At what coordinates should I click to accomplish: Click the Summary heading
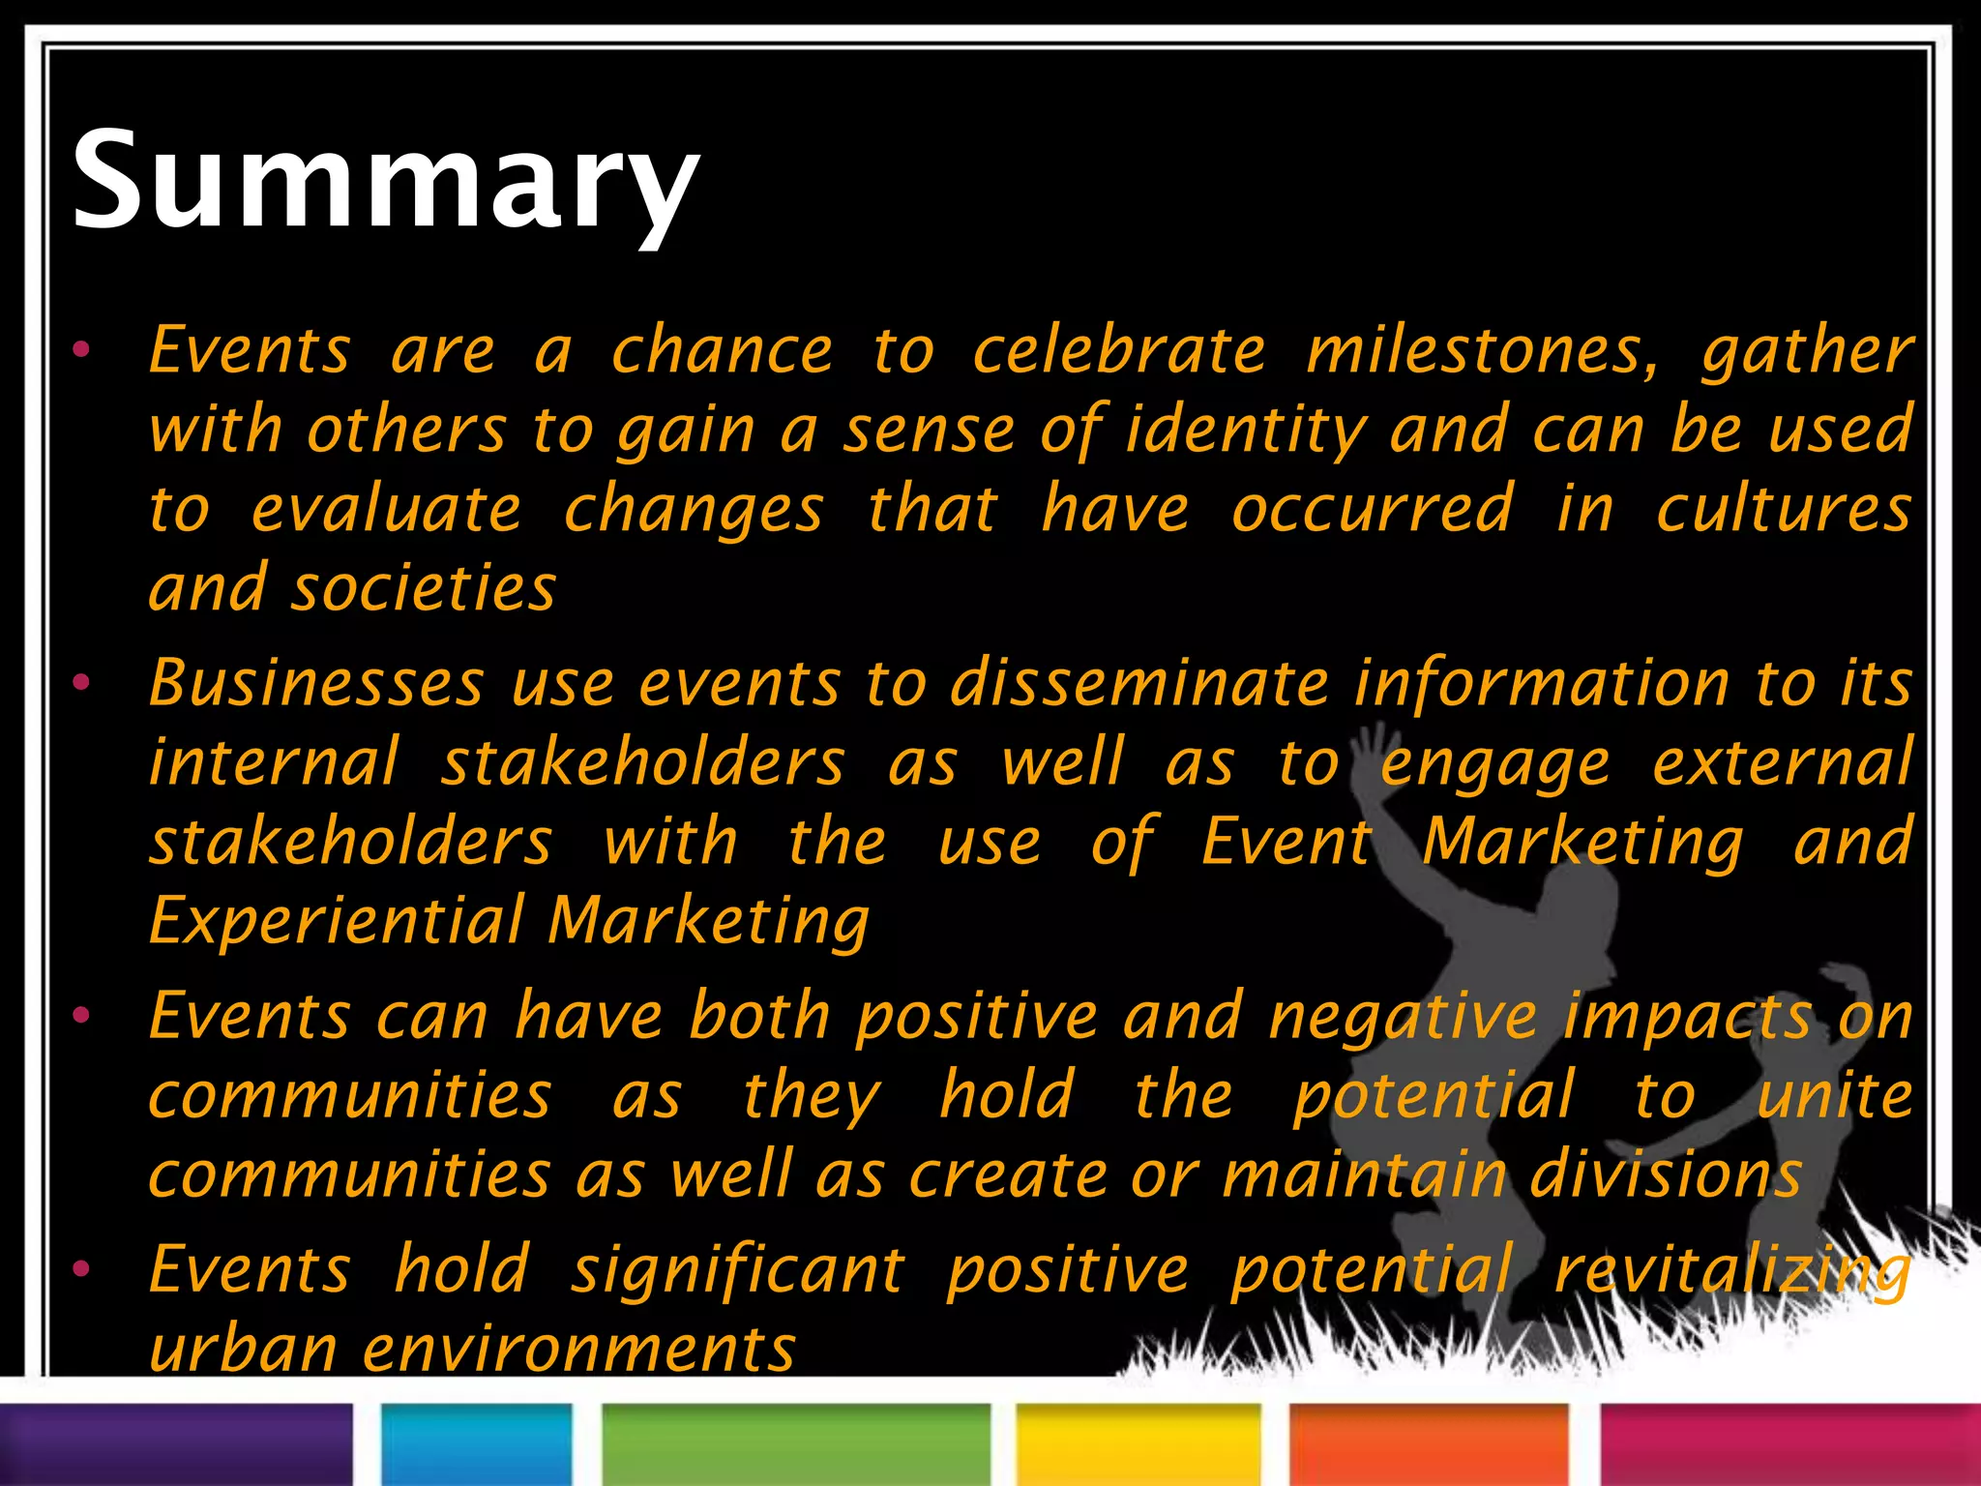385,181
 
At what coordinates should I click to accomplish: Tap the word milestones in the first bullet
1481,350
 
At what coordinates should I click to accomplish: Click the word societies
424,588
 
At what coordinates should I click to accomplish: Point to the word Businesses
316,683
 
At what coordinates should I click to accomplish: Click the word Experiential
336,920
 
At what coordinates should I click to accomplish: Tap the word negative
1402,1017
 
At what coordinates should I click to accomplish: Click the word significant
737,1270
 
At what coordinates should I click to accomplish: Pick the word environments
578,1349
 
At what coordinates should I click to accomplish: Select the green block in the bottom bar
795,1443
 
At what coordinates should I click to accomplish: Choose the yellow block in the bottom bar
1138,1443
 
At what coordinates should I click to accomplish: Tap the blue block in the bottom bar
477,1443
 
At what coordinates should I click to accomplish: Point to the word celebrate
1118,350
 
